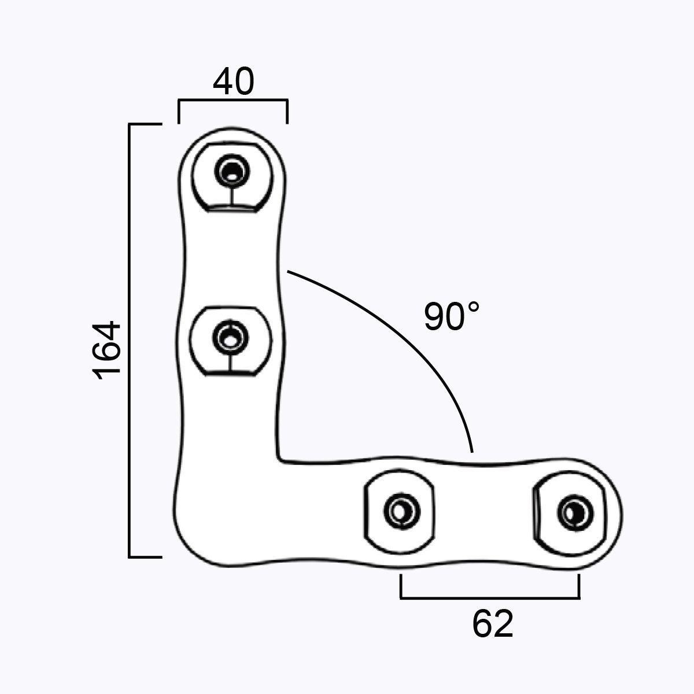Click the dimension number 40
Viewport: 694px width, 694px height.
[233, 83]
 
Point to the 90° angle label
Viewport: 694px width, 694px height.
[452, 316]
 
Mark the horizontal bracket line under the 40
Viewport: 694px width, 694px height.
[233, 101]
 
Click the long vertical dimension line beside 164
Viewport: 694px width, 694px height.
[130, 341]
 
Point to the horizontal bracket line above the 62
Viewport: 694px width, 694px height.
[490, 596]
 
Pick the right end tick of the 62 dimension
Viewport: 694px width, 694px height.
[579, 586]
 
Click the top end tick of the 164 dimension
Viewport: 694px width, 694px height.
[145, 124]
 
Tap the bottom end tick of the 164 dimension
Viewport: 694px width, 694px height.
[145, 558]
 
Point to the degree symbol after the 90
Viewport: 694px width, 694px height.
[474, 307]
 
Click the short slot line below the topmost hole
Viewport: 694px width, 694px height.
[232, 195]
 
